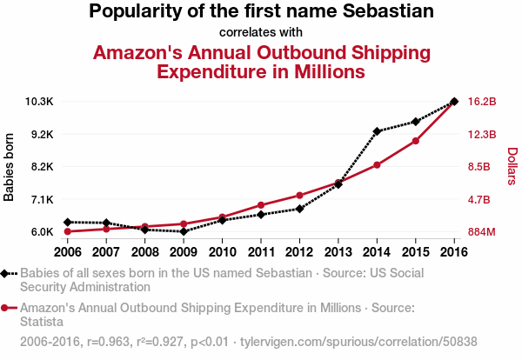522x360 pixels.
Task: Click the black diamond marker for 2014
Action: pos(377,131)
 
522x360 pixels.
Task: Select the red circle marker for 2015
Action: pos(416,141)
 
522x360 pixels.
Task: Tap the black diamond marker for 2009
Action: pos(184,232)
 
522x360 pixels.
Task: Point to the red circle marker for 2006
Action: pos(67,231)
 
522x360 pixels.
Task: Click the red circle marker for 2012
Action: pos(299,195)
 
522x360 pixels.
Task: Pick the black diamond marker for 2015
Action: pos(416,122)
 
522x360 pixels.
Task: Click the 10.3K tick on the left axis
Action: pos(40,102)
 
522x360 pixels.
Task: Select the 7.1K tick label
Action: pos(42,199)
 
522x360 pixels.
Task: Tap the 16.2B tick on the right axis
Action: pos(482,102)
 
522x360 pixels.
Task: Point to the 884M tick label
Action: pos(482,232)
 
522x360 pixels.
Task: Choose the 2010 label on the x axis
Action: pos(222,252)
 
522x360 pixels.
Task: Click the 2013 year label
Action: pos(338,252)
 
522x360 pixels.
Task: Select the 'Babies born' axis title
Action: pos(10,167)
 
